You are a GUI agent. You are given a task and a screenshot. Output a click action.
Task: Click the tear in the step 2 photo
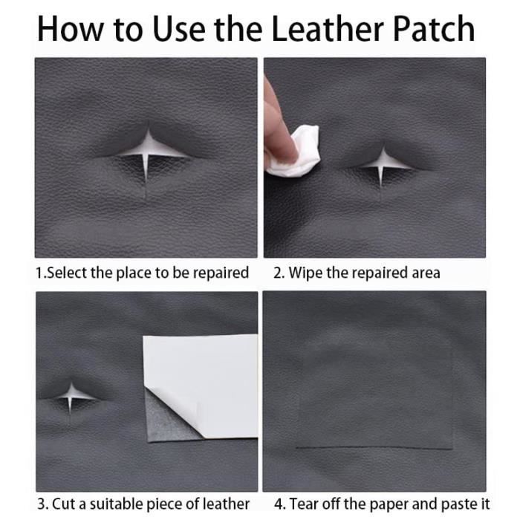[382, 163]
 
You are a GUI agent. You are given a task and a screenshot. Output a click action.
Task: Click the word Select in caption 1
[67, 273]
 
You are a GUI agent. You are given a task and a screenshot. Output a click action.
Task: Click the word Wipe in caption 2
[305, 273]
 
